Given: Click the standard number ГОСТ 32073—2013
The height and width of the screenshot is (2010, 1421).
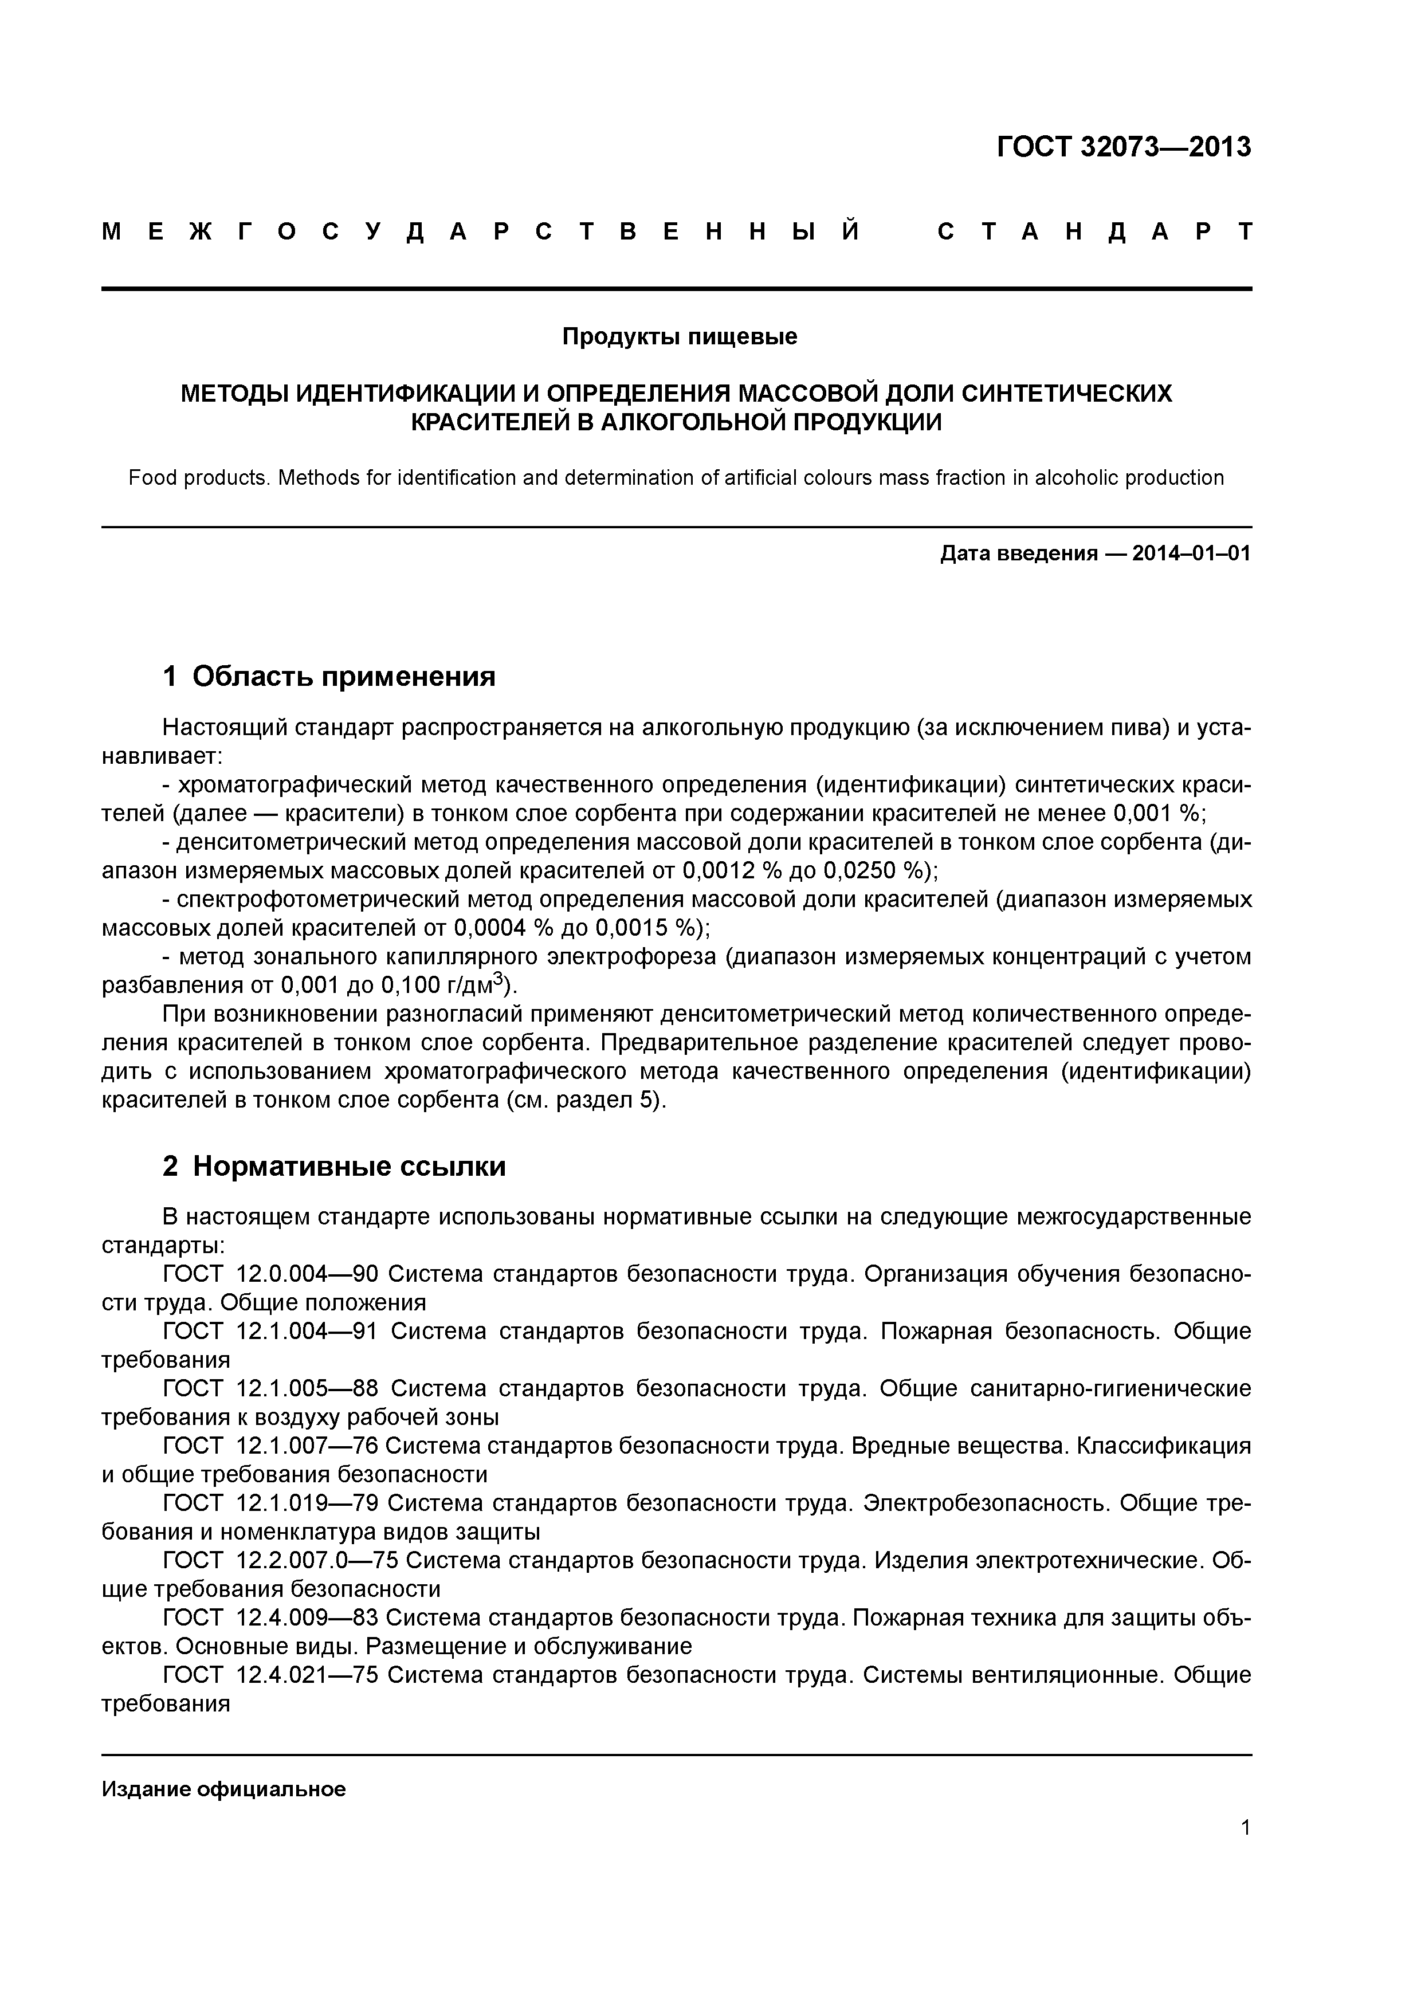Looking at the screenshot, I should [1123, 147].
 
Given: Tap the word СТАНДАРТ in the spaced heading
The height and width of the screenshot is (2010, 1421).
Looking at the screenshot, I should [1094, 232].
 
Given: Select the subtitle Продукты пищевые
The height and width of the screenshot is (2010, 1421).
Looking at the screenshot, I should [680, 336].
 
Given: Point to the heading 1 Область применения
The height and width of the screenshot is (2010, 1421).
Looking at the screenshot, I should [329, 676].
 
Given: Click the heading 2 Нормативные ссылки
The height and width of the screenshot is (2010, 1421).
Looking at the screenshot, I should [335, 1166].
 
